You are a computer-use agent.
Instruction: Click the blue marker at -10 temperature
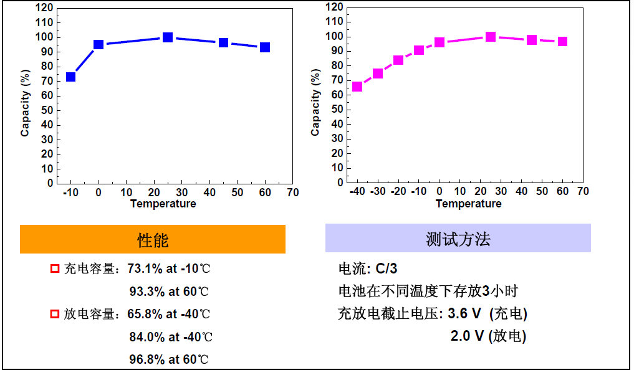coord(71,77)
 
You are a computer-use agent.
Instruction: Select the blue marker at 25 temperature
coord(168,37)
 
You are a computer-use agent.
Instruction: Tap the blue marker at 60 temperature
coord(265,47)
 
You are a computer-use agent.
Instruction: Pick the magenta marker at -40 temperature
coord(357,87)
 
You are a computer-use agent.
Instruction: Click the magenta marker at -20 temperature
coord(398,60)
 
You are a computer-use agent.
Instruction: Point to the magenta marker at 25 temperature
coord(491,37)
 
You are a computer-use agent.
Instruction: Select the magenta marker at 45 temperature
coord(532,40)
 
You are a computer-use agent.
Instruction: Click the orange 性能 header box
coord(153,240)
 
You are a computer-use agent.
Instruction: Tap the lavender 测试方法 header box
coord(458,239)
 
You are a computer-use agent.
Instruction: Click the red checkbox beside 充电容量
coord(54,269)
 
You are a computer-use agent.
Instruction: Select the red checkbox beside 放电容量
coord(54,314)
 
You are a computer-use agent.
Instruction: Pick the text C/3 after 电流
coord(386,269)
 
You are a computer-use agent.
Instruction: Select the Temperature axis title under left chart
coord(163,204)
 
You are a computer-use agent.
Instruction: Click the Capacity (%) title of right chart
coord(315,103)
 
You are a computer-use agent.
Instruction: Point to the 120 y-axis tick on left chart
coord(43,8)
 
